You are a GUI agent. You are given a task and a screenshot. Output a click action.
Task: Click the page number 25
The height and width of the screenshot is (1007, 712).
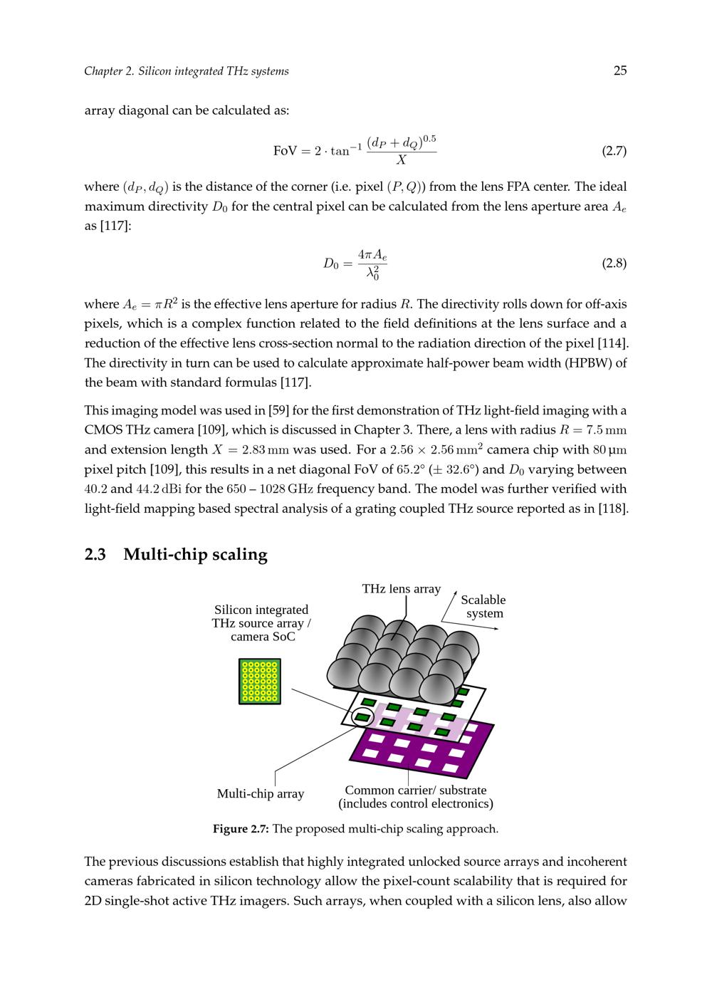click(x=619, y=71)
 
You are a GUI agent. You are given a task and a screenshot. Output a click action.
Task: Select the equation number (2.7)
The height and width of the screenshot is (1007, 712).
click(x=614, y=151)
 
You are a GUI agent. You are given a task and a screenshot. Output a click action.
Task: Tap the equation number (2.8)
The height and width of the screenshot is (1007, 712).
click(x=614, y=264)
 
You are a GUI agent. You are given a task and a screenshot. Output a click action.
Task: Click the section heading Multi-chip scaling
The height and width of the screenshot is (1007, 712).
click(x=195, y=555)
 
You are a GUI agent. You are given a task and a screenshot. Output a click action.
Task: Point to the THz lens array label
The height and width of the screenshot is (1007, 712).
click(x=401, y=589)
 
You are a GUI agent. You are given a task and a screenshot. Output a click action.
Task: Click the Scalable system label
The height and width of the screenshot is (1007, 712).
click(x=483, y=607)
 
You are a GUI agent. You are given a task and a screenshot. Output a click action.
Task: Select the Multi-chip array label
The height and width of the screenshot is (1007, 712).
click(x=260, y=793)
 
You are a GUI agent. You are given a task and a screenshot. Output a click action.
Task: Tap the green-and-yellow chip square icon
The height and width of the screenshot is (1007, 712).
click(x=260, y=682)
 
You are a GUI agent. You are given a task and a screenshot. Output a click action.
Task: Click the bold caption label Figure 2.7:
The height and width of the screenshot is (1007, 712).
click(x=241, y=829)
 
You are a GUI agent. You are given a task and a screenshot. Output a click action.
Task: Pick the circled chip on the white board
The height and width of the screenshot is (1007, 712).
click(x=363, y=716)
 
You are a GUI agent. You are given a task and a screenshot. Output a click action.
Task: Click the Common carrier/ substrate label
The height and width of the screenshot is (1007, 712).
click(x=415, y=791)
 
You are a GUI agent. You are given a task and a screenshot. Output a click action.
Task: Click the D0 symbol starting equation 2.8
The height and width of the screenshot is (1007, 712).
click(x=330, y=264)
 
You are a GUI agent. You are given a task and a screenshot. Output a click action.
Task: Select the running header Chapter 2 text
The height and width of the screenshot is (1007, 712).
click(x=186, y=71)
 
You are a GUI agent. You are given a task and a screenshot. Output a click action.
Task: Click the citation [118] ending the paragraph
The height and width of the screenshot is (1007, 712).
click(x=613, y=509)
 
